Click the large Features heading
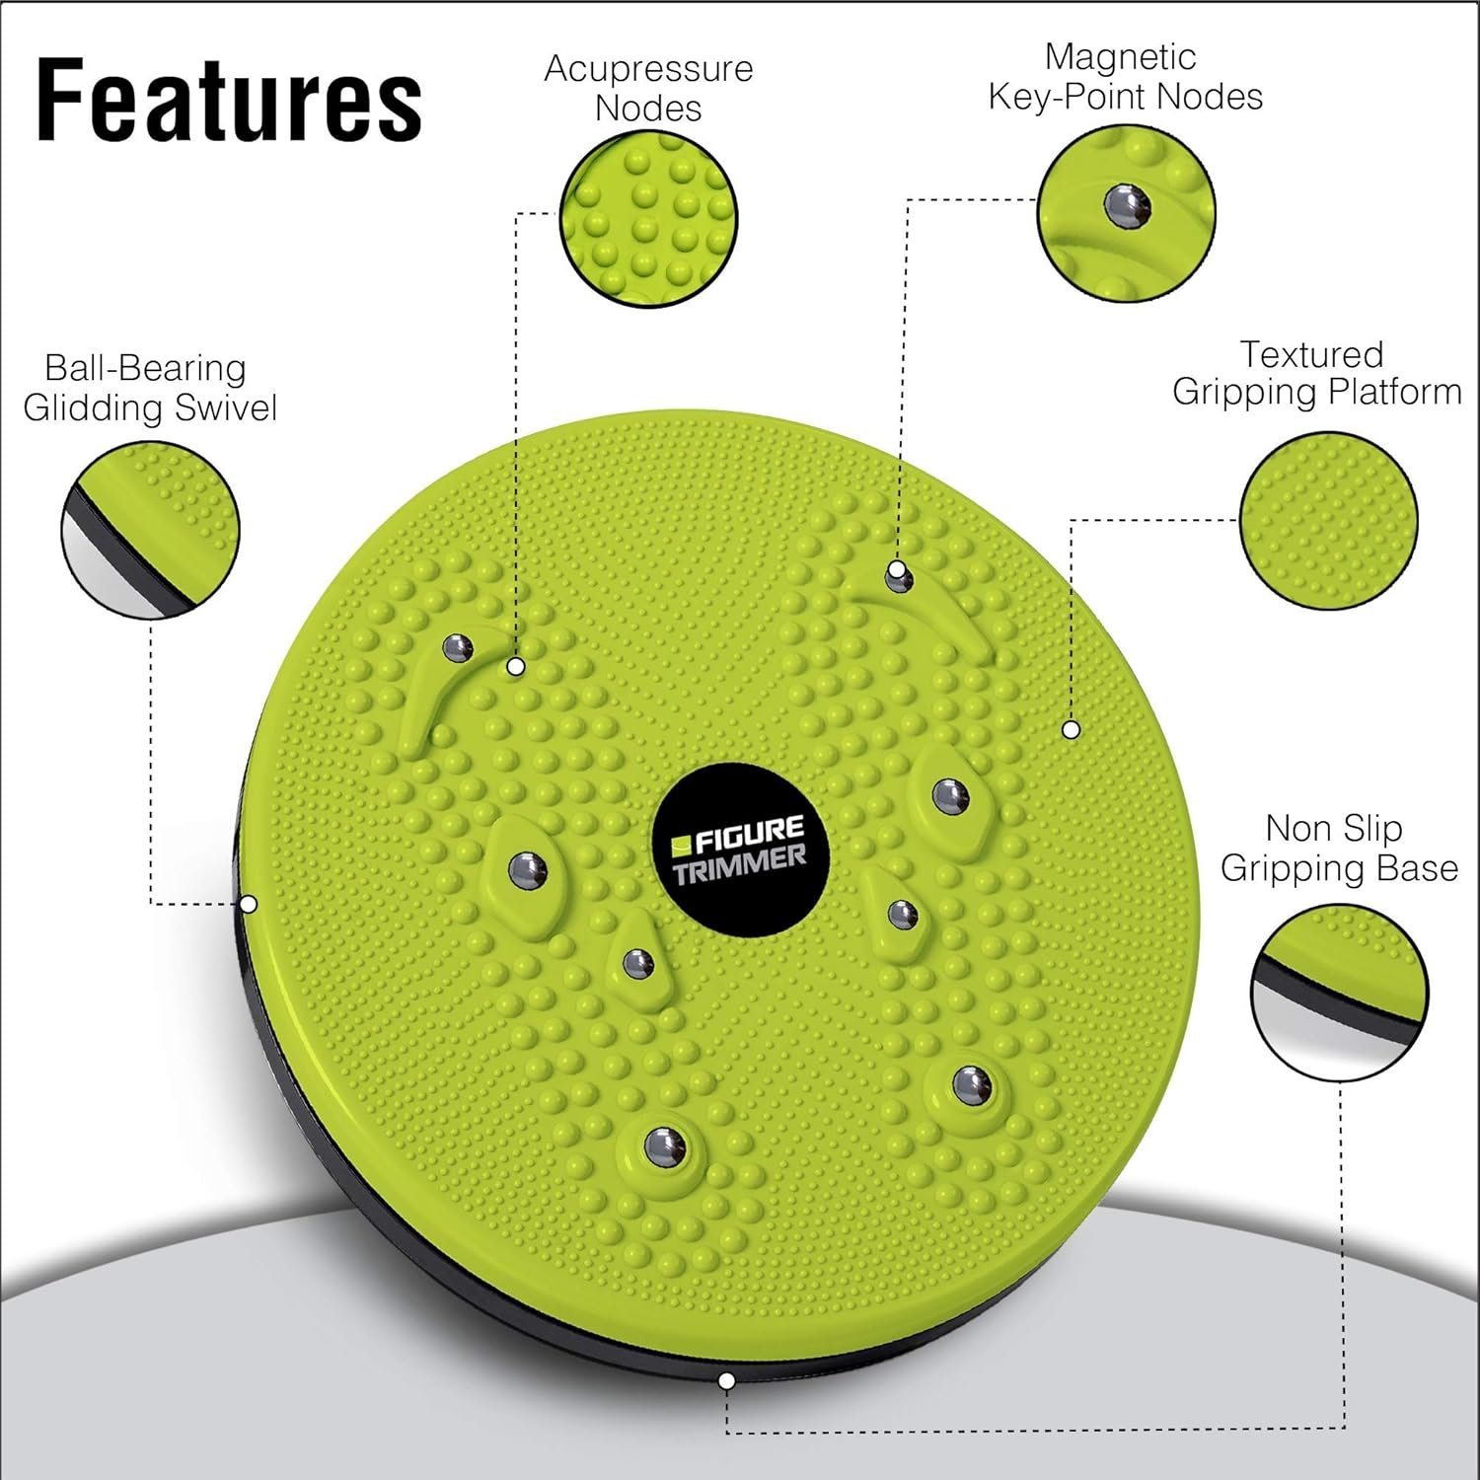[229, 101]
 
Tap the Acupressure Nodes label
[648, 88]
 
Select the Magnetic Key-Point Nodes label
[1125, 77]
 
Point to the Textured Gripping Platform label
[1316, 373]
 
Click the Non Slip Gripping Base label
[1338, 848]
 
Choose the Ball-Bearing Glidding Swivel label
[149, 388]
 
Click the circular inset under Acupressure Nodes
[648, 218]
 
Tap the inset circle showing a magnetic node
[1126, 213]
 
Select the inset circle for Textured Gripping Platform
[1328, 520]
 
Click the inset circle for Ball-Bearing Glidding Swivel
[150, 530]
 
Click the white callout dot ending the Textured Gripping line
[1071, 730]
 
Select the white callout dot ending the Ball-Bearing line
[249, 904]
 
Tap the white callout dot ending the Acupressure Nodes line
[514, 667]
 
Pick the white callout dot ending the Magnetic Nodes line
[896, 569]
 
